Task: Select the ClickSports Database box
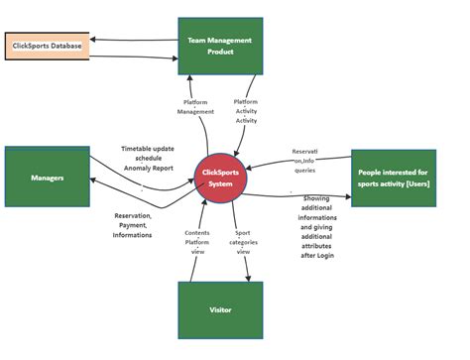[x=47, y=46]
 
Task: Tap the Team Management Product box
[x=220, y=46]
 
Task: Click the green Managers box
[x=47, y=178]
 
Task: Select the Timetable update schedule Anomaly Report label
[x=149, y=158]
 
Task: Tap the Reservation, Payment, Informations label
[x=133, y=225]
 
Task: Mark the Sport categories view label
[x=243, y=244]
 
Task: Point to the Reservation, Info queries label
[x=304, y=160]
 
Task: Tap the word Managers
[x=47, y=178]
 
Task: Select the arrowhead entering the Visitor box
[x=246, y=278]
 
